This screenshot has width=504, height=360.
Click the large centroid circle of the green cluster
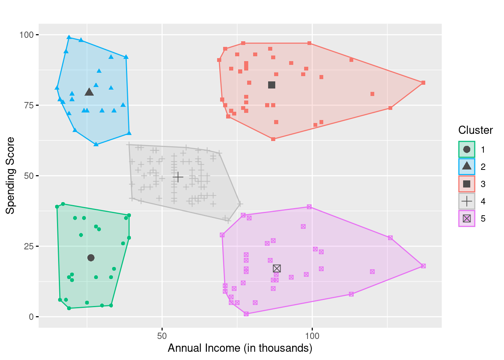pyautogui.click(x=91, y=258)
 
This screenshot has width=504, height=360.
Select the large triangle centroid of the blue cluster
pyautogui.click(x=89, y=92)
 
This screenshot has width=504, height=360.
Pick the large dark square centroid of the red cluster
pyautogui.click(x=272, y=85)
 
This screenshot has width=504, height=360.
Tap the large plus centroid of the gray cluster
pyautogui.click(x=178, y=177)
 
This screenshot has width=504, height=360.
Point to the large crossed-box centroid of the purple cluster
pyautogui.click(x=277, y=268)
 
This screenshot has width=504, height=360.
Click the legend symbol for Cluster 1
pyautogui.click(x=466, y=149)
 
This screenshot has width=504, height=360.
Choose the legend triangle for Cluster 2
pyautogui.click(x=466, y=166)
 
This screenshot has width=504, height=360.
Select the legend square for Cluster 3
pyautogui.click(x=466, y=184)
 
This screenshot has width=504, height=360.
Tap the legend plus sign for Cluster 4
pyautogui.click(x=466, y=201)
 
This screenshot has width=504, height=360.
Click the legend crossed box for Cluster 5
pyautogui.click(x=466, y=219)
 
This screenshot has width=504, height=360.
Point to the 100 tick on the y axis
pyautogui.click(x=27, y=35)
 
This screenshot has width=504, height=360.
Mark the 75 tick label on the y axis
pyautogui.click(x=29, y=105)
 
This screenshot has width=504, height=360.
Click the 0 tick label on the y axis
pyautogui.click(x=31, y=317)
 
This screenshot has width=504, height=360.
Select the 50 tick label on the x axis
pyautogui.click(x=162, y=335)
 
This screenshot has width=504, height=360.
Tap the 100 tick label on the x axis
pyautogui.click(x=312, y=335)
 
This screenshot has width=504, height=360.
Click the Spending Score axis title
pyautogui.click(x=10, y=175)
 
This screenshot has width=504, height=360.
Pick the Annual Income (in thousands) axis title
pyautogui.click(x=240, y=348)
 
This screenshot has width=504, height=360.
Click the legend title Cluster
pyautogui.click(x=475, y=130)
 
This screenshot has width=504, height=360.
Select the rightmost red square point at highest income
pyautogui.click(x=423, y=82)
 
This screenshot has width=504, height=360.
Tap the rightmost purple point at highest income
pyautogui.click(x=423, y=266)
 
